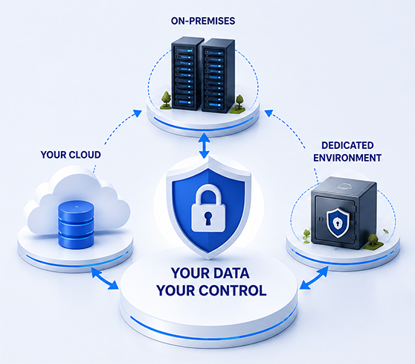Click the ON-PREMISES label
pos(203,21)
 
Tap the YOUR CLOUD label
pos(71,155)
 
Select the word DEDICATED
pos(347,145)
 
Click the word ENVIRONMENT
pos(347,158)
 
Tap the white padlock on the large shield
pos(207,208)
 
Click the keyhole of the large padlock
pos(207,217)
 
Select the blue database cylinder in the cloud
pos(76,225)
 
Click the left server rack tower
pos(187,74)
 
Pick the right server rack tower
pos(218,75)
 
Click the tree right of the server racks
pos(239,102)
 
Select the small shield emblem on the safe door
pos(338,223)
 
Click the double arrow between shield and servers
pos(205,146)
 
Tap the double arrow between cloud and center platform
pos(105,278)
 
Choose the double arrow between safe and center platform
pos(314,278)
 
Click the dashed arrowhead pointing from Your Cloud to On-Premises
pos(138,113)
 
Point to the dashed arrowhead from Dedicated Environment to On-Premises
pos(269,113)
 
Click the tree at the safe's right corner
pos(373,240)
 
